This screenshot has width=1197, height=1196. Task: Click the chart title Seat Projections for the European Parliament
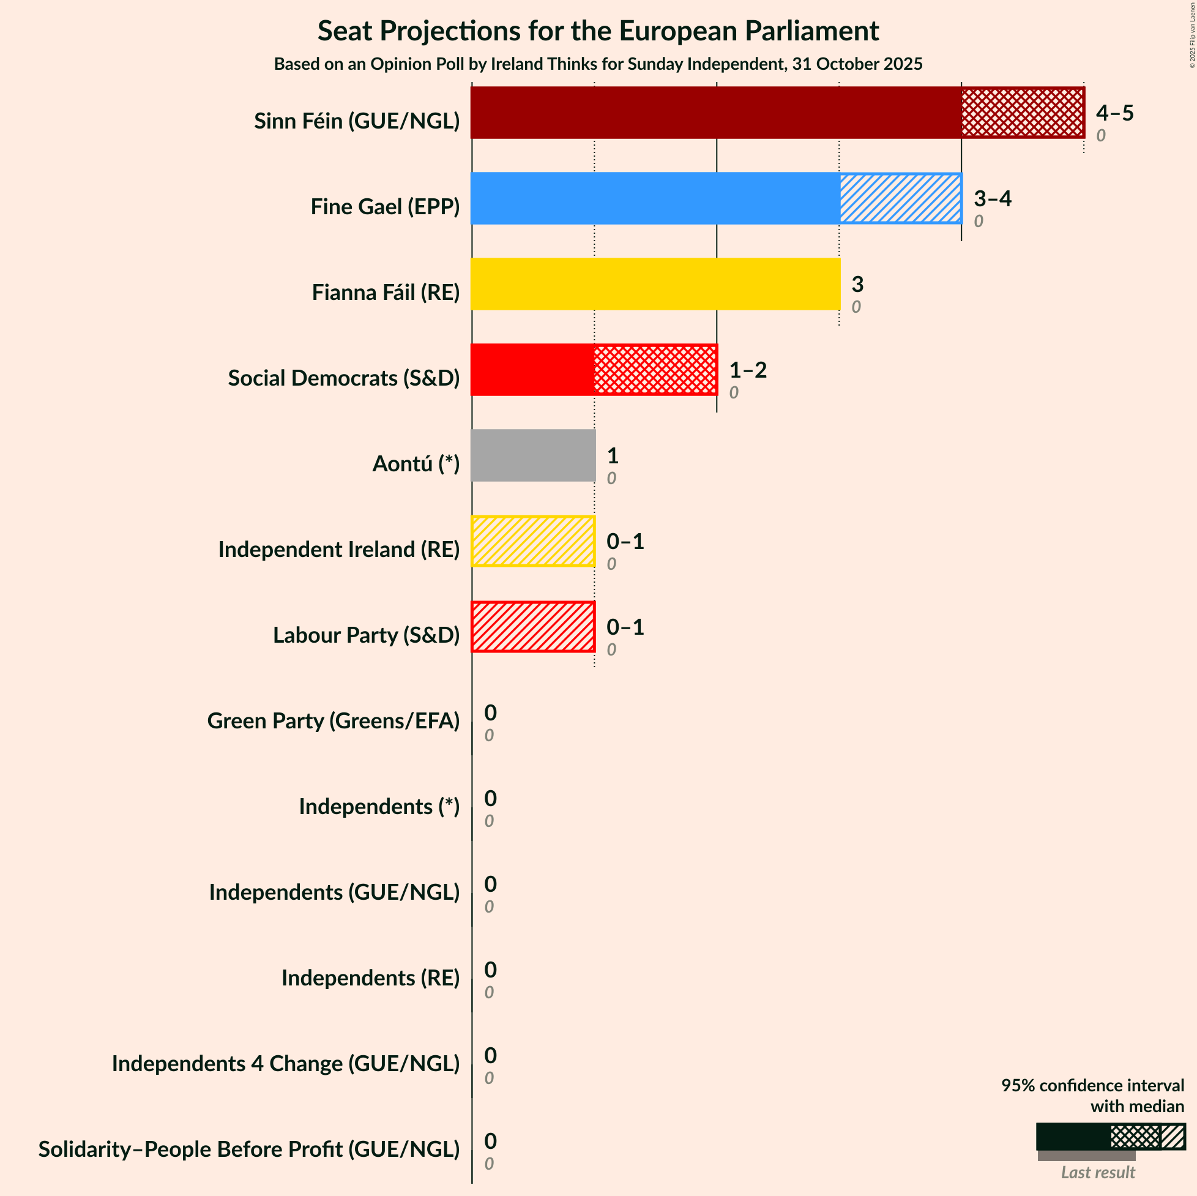click(x=598, y=31)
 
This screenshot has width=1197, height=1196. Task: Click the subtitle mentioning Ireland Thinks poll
click(x=598, y=64)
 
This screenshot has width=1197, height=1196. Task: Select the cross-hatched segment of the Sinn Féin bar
click(x=1022, y=112)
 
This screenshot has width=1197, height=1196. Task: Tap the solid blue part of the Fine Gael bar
click(x=655, y=198)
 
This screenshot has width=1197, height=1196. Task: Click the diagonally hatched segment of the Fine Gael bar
click(x=900, y=198)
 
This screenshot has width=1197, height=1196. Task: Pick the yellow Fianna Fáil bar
click(x=655, y=284)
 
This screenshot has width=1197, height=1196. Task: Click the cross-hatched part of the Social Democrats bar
click(x=655, y=369)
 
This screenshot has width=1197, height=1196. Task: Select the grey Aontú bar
click(x=533, y=455)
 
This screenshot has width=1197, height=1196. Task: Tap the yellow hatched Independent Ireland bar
click(x=533, y=541)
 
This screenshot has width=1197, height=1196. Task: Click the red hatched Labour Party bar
click(x=533, y=627)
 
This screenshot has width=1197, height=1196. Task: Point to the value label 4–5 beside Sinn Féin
click(x=1114, y=113)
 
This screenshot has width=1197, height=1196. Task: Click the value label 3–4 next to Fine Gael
click(x=992, y=198)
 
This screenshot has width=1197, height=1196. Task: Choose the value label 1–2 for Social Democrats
click(x=747, y=370)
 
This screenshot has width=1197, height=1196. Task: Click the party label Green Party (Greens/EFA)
click(x=334, y=720)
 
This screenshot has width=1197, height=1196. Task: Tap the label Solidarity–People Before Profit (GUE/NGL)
click(x=249, y=1149)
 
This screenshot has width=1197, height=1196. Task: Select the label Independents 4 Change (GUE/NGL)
click(x=286, y=1063)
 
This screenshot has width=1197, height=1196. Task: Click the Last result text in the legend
click(x=1097, y=1172)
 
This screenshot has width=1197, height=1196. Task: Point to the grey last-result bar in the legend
click(x=1086, y=1156)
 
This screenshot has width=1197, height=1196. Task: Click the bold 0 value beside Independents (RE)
click(x=490, y=969)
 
